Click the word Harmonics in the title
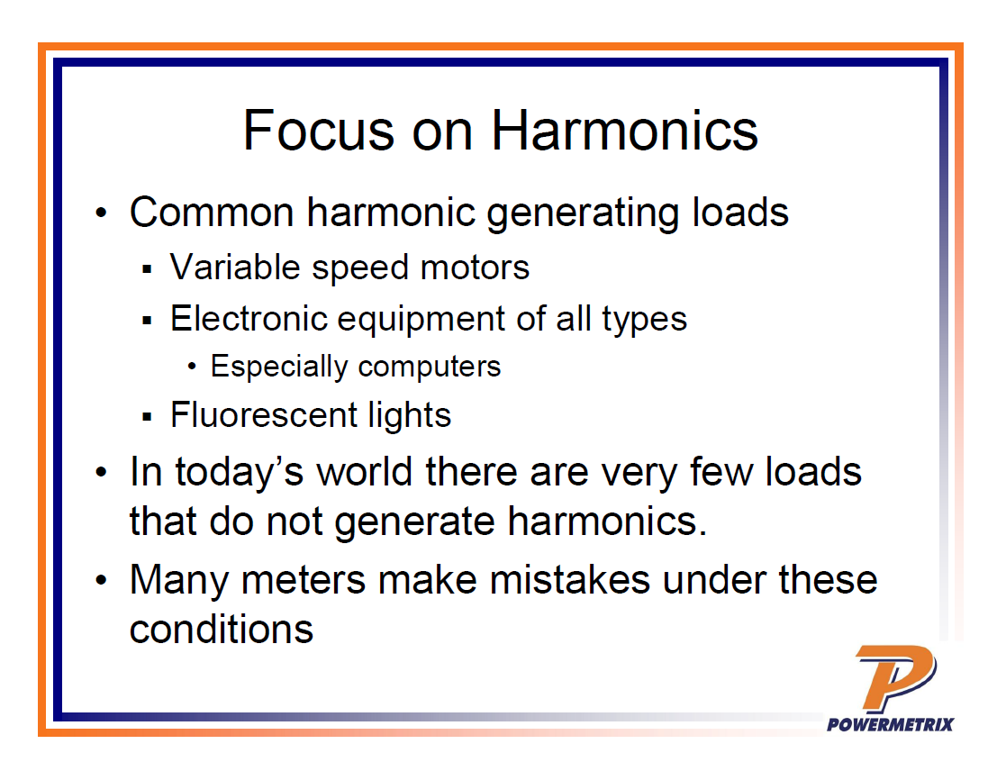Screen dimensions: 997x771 click(624, 131)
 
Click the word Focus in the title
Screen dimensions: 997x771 click(319, 131)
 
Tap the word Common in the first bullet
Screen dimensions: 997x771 click(211, 212)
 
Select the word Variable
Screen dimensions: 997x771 click(235, 267)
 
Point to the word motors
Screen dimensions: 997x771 click(475, 268)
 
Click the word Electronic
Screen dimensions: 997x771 click(249, 318)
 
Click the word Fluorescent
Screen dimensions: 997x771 click(263, 414)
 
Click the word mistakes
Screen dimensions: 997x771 click(570, 580)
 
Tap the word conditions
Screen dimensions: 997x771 click(222, 630)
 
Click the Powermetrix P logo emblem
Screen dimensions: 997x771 click(895, 677)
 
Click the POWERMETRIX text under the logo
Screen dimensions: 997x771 click(890, 724)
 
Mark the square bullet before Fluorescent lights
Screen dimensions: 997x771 click(148, 417)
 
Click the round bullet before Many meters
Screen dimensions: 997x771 click(101, 580)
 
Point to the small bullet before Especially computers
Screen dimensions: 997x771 click(192, 367)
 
